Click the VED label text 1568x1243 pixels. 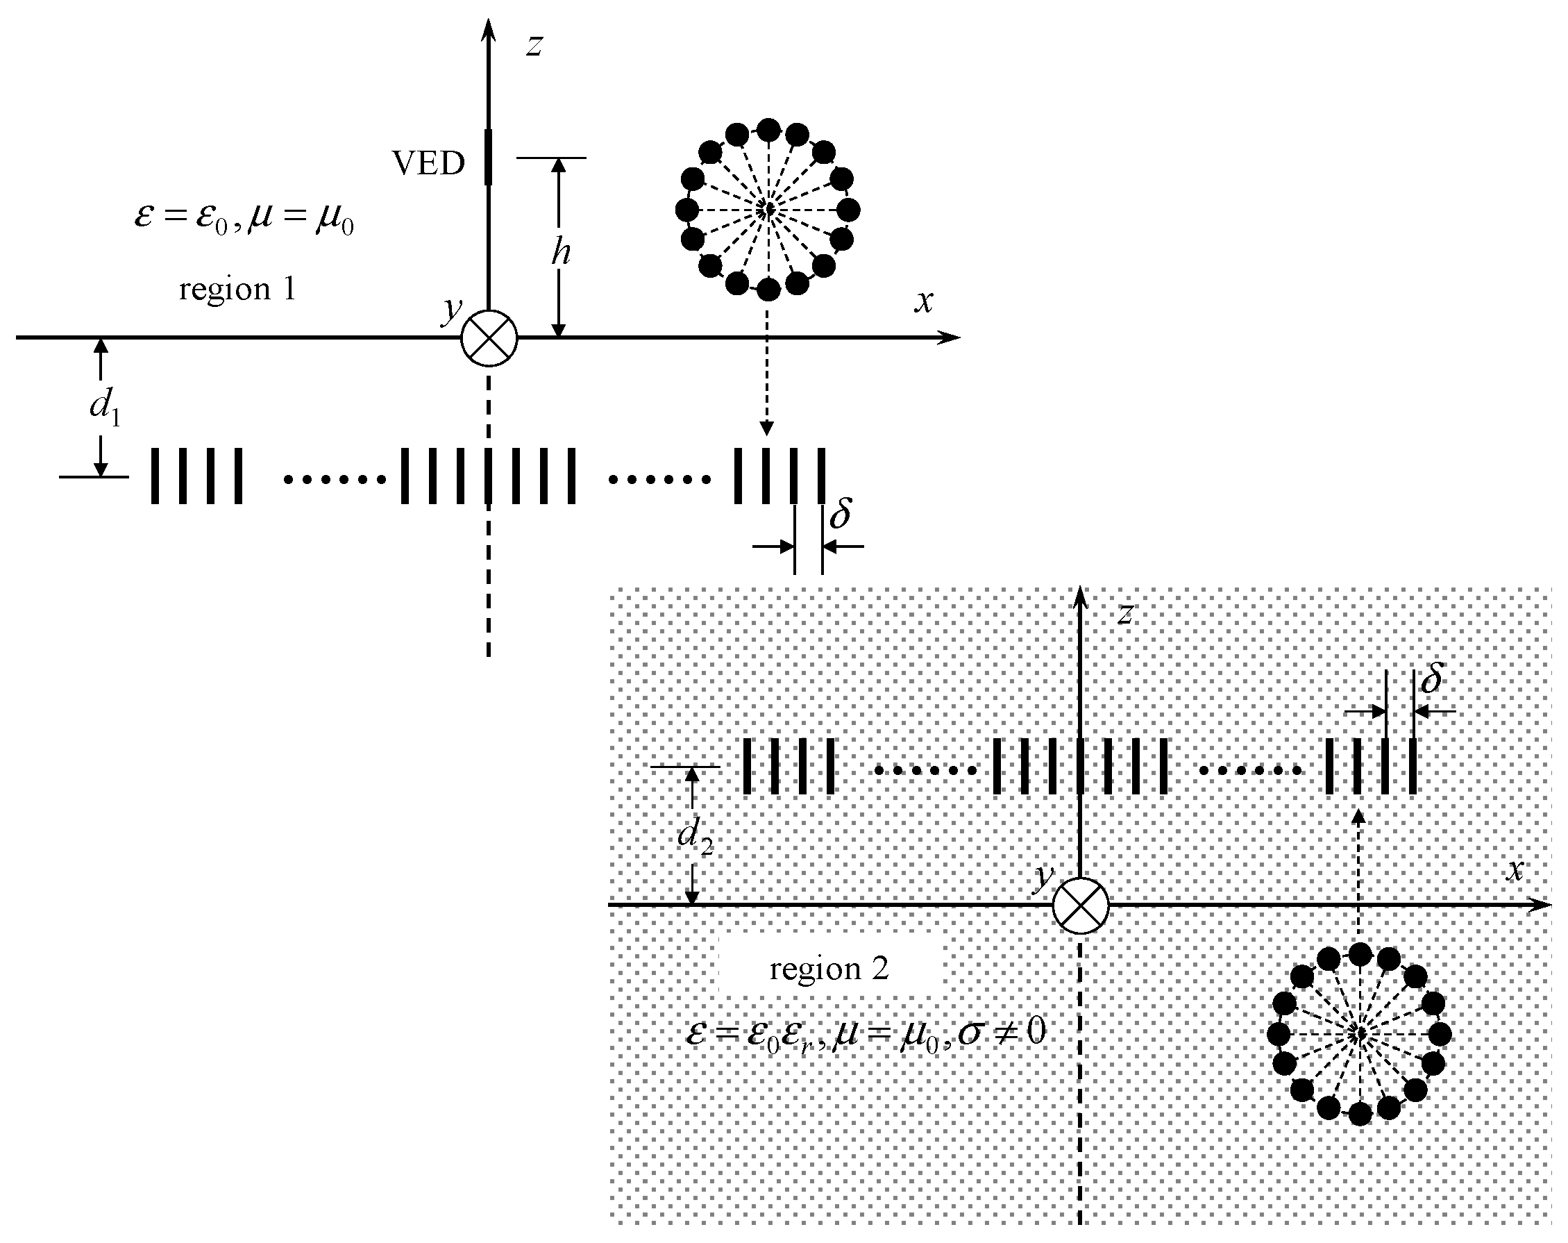[428, 164]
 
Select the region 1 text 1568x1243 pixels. [238, 290]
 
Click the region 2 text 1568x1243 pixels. [829, 969]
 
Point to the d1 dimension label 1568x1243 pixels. [105, 407]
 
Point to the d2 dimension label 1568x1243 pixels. [696, 835]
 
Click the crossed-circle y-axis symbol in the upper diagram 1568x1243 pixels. [489, 339]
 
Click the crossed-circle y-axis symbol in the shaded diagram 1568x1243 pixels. [1081, 907]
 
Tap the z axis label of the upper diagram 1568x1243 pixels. [534, 46]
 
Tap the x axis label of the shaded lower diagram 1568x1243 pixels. [1515, 870]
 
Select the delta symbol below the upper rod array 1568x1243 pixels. [840, 515]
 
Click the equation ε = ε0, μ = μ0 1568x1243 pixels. [244, 219]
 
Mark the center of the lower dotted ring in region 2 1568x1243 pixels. [1359, 1034]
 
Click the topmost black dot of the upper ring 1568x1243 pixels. [768, 131]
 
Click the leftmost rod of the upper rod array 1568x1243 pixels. [155, 476]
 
